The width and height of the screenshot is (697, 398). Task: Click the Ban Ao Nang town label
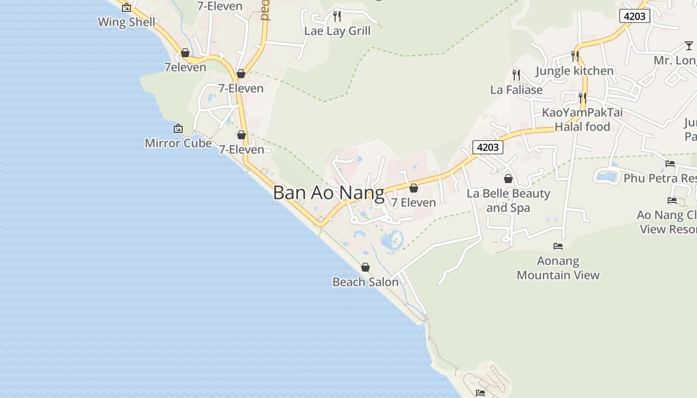coord(329,193)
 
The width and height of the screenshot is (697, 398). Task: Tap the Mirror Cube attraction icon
coord(178,129)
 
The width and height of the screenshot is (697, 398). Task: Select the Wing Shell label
coord(126,22)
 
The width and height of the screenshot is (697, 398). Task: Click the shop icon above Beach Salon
coord(365,268)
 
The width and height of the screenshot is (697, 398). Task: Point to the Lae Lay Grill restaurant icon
coord(337,16)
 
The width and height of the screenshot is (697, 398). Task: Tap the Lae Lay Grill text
coord(338,31)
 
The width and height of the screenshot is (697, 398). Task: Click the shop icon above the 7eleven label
coord(185,53)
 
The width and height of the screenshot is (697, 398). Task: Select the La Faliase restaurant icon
coord(516,75)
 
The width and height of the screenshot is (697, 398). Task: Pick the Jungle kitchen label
coord(575,71)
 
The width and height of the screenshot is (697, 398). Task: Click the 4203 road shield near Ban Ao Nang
coord(487,147)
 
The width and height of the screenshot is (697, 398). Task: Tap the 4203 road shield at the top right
coord(635,16)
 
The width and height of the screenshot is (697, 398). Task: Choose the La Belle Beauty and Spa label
coord(508,200)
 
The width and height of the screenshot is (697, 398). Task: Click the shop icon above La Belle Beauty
coord(508,179)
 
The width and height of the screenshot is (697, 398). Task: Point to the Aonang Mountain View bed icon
coord(558,246)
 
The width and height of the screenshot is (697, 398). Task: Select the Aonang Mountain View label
coord(558,268)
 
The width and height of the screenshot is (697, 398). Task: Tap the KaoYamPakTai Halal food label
coord(582,119)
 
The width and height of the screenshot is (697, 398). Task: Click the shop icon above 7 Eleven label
coord(414,188)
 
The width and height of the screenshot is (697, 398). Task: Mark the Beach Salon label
coord(365,282)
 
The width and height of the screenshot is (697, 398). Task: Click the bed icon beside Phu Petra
coord(670,164)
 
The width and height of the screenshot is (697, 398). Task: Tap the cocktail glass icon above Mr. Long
coord(689,46)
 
